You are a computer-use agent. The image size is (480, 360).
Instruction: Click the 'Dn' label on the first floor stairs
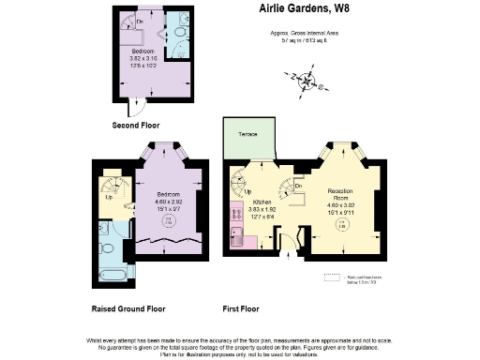298,186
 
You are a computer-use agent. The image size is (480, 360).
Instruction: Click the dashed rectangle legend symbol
332,277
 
